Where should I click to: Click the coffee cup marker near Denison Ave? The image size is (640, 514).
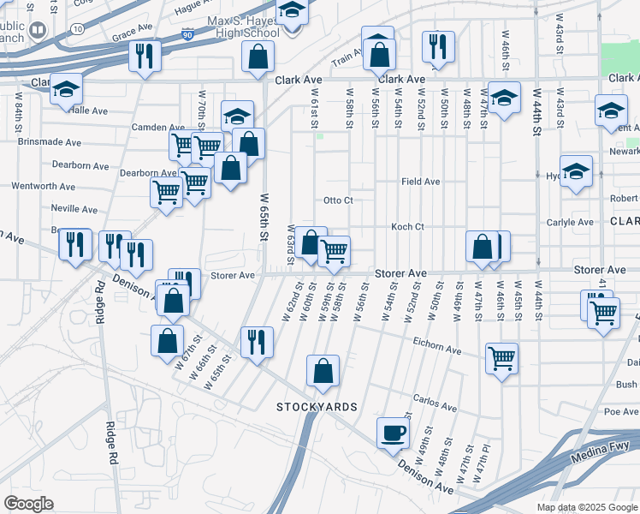pos(393,433)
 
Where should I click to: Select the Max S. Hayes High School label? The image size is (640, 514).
pos(243,27)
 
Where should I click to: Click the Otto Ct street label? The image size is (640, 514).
pos(338,200)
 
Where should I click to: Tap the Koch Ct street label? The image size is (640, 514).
pos(407,227)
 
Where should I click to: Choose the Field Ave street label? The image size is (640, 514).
pos(421,182)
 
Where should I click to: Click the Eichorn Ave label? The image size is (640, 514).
pos(436,350)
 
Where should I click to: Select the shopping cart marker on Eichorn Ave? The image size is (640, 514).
pos(501,357)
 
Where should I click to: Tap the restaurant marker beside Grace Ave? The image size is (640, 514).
pos(144,56)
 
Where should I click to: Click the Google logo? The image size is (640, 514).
pos(29,504)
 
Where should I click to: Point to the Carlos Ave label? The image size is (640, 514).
pos(431,400)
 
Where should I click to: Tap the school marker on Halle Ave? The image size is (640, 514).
pos(65,90)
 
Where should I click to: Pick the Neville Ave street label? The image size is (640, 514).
pos(74,209)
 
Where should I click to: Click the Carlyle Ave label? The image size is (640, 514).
pos(570,222)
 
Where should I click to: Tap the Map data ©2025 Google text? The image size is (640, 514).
pos(586,507)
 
